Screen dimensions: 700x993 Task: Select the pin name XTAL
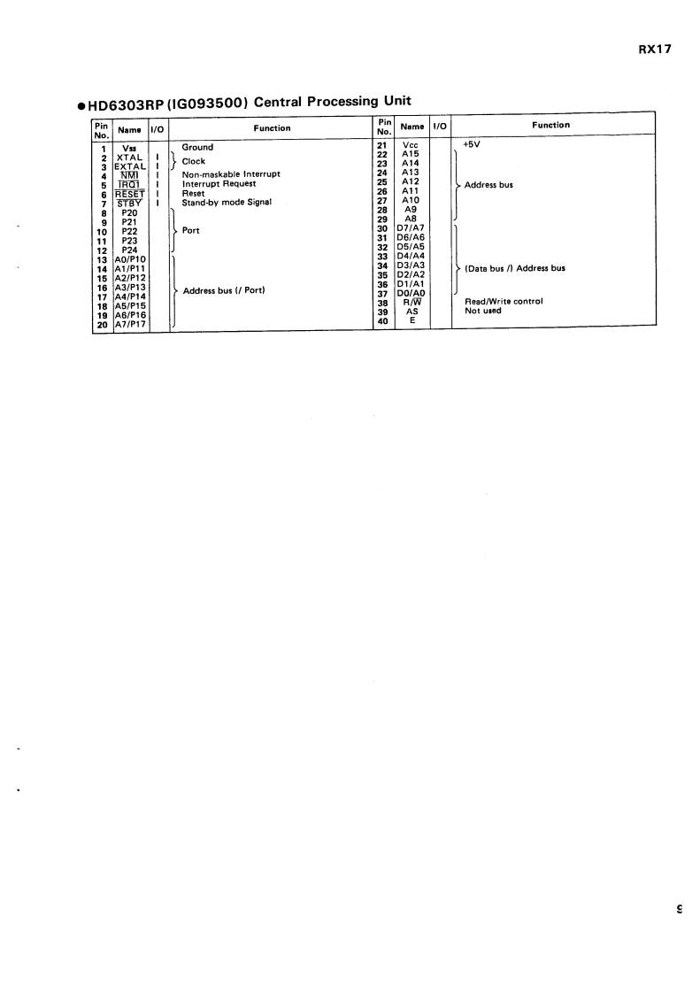129,157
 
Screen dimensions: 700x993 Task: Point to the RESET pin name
130,194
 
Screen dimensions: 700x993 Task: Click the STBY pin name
130,203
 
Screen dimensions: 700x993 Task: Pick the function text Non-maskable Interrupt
230,174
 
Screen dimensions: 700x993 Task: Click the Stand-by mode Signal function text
227,202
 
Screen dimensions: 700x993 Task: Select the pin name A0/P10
130,259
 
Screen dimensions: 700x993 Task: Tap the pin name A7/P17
130,325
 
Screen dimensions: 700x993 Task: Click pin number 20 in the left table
101,325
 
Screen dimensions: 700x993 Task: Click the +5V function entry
471,143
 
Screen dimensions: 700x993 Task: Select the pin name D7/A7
412,228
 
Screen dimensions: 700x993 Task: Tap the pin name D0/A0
412,293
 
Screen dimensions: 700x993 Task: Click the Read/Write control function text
504,302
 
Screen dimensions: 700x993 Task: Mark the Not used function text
483,311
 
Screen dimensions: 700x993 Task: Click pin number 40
383,320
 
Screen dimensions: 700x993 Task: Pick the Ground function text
197,147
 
